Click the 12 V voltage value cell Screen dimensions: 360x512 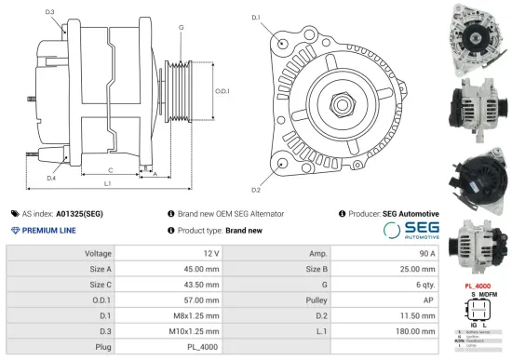point(210,254)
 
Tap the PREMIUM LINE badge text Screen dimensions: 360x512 point(48,230)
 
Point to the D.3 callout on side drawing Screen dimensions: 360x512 point(48,12)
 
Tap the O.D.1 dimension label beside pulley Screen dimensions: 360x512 point(222,90)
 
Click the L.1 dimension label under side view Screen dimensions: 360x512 point(108,185)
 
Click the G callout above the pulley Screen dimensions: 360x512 point(180,28)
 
